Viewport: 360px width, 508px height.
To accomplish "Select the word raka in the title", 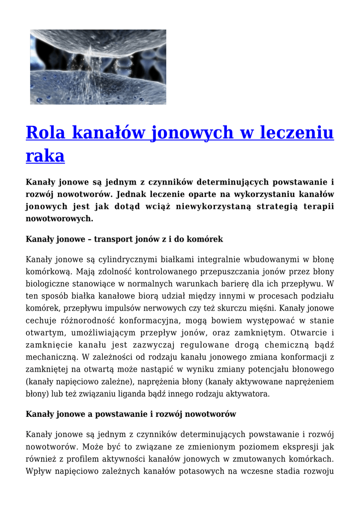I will click(x=45, y=156).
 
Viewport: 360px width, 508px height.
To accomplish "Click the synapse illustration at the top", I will click(x=98, y=67).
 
